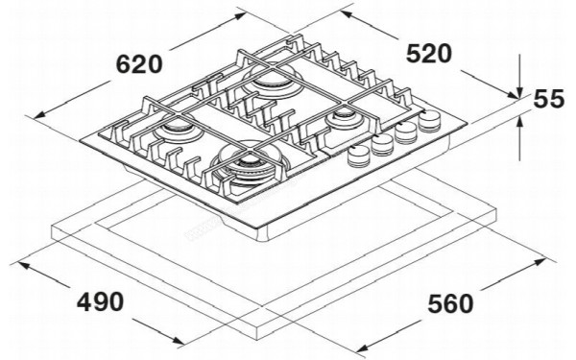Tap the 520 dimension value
pyautogui.click(x=427, y=54)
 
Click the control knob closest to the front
pyautogui.click(x=359, y=156)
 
